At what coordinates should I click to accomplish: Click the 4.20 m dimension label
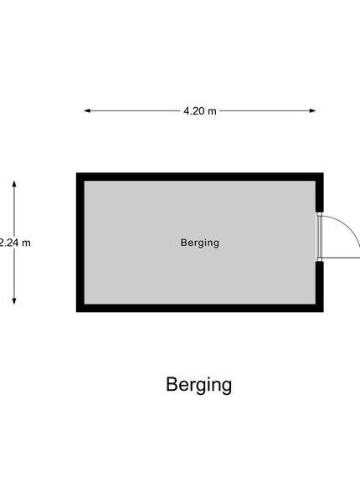tap(200, 111)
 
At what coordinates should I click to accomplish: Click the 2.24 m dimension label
tap(15, 243)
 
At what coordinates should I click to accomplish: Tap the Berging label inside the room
tap(200, 243)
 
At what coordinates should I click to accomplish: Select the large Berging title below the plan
tap(199, 385)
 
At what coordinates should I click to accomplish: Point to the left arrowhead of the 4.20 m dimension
tap(87, 110)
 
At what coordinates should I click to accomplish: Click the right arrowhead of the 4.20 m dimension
tap(312, 110)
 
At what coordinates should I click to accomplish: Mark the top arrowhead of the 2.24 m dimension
tap(14, 184)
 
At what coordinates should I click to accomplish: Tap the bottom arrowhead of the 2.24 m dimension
tap(14, 301)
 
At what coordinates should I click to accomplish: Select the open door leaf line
tap(341, 258)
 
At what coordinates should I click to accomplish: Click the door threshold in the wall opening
tap(319, 237)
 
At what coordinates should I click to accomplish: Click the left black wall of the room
tap(80, 243)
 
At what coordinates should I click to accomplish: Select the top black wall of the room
tap(200, 177)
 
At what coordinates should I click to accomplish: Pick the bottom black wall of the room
tap(200, 308)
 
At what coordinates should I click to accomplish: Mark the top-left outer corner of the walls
tap(76, 173)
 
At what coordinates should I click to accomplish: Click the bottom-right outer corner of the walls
tap(323, 311)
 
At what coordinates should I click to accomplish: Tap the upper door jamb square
tap(319, 214)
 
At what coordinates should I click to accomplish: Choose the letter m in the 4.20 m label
tap(213, 112)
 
